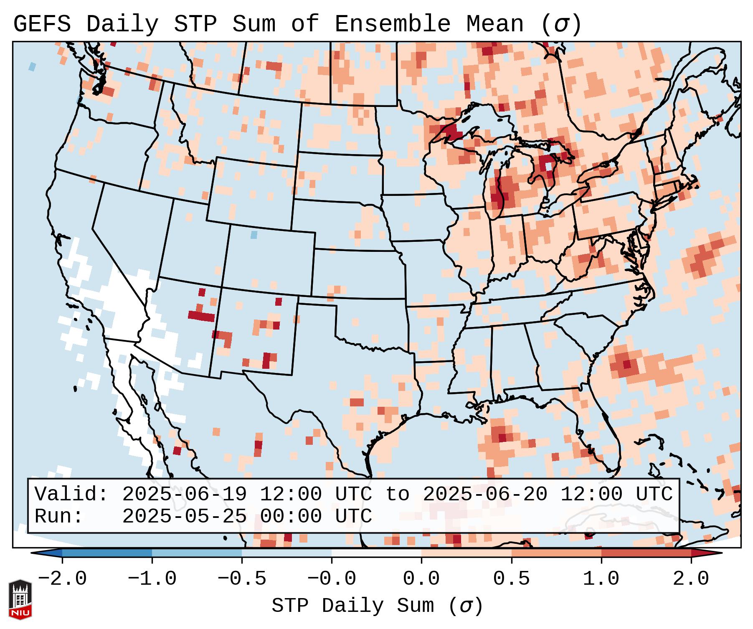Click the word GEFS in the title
(x=42, y=24)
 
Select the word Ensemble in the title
(x=393, y=24)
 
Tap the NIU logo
(x=20, y=599)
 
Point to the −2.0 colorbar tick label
(x=62, y=579)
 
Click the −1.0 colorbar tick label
(x=152, y=579)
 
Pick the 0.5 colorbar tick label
(x=511, y=579)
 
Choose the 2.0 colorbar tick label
(x=691, y=579)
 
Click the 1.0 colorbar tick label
(x=601, y=579)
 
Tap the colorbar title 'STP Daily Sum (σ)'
(x=377, y=606)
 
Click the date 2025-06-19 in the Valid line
(x=184, y=494)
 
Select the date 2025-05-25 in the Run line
(x=184, y=516)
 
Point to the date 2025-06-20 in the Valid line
(x=485, y=494)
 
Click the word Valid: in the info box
(x=71, y=494)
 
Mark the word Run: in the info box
(x=59, y=516)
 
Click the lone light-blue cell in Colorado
(x=254, y=235)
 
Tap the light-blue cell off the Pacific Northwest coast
(x=32, y=66)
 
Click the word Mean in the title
(x=495, y=24)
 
